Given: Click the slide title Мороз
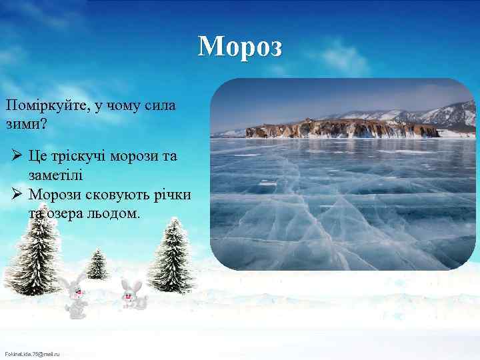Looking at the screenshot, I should click(x=240, y=47).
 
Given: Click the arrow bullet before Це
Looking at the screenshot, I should click(x=18, y=157).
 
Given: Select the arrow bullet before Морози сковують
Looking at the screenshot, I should click(x=18, y=195).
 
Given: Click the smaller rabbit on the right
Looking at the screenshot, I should click(x=133, y=294).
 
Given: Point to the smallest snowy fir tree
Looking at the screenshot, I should click(x=97, y=263).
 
